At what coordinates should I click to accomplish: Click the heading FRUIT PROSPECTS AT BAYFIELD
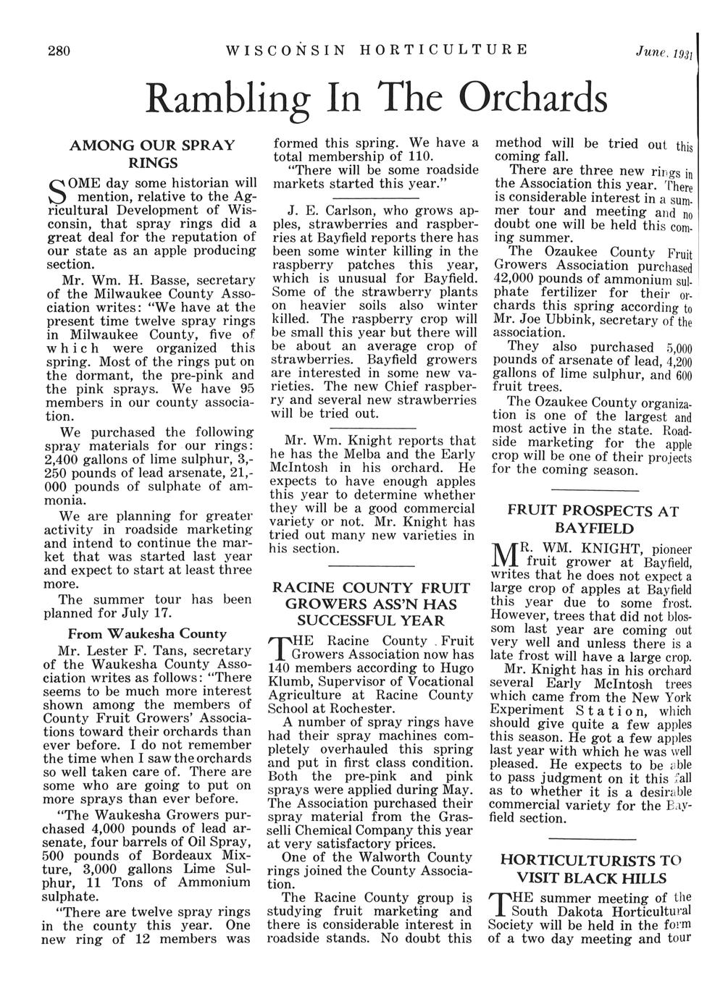point(592,520)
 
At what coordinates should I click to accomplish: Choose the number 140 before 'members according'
point(280,668)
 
